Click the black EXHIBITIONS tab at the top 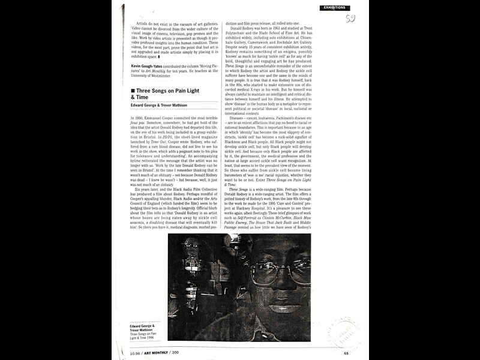[335, 7]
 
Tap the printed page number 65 [346, 352]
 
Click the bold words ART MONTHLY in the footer [155, 352]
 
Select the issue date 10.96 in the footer [135, 352]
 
